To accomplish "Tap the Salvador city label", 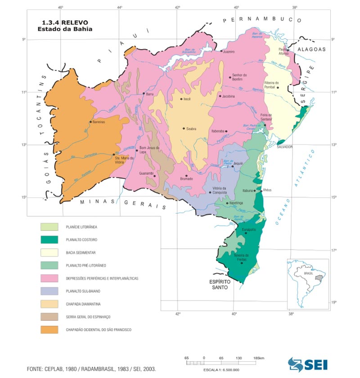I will click(284, 147).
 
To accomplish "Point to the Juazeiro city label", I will click(229, 52).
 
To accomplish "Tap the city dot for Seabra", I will click(184, 128).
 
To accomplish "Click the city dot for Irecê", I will click(181, 99).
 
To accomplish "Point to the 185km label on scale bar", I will click(258, 358).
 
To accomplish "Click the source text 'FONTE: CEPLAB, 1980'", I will click(61, 369).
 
